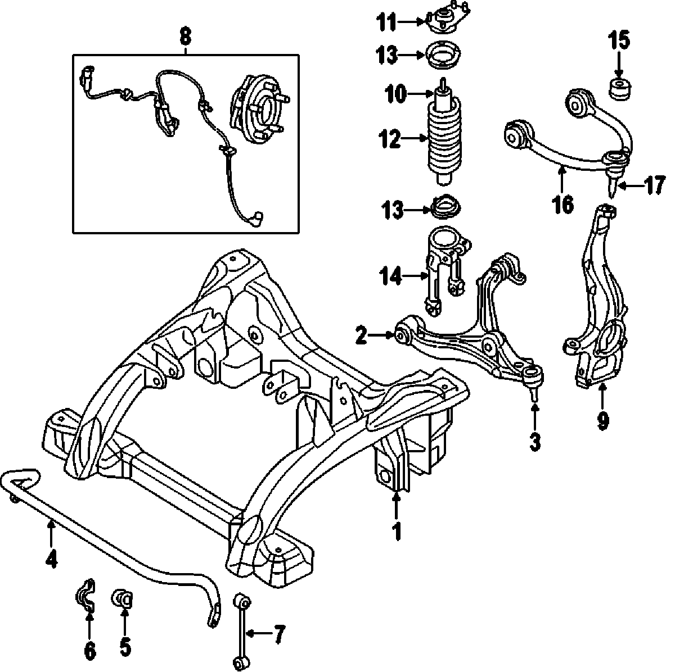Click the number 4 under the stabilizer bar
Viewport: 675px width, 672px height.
[x=51, y=559]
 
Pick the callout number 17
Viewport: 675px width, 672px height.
[x=653, y=186]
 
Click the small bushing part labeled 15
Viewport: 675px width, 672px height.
[x=619, y=90]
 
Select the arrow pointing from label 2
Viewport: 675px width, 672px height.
[x=386, y=336]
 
